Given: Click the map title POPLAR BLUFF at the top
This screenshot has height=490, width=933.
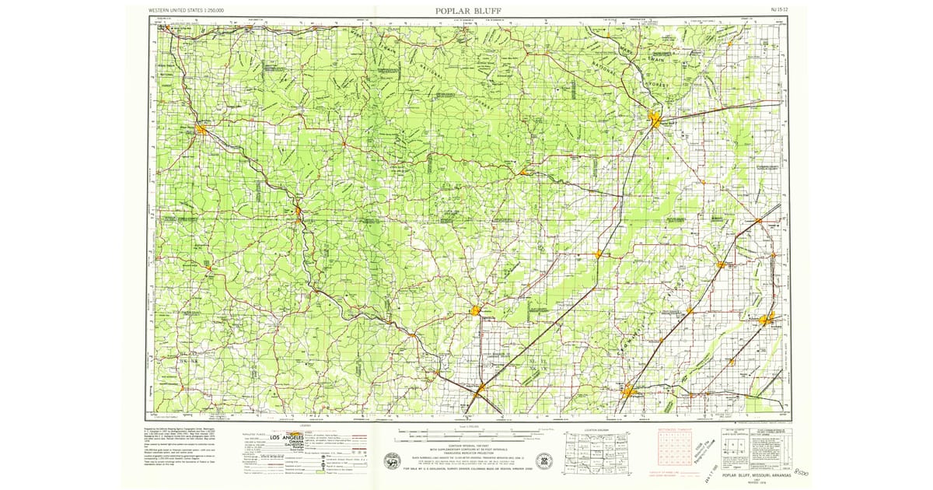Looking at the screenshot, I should (x=469, y=10).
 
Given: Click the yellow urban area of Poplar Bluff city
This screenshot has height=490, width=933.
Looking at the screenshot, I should (x=655, y=121).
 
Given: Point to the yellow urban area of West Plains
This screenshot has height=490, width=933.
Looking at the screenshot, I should (x=201, y=130).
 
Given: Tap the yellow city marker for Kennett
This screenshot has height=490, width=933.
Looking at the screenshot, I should (x=767, y=320).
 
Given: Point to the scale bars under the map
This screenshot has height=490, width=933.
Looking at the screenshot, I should (x=466, y=432).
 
